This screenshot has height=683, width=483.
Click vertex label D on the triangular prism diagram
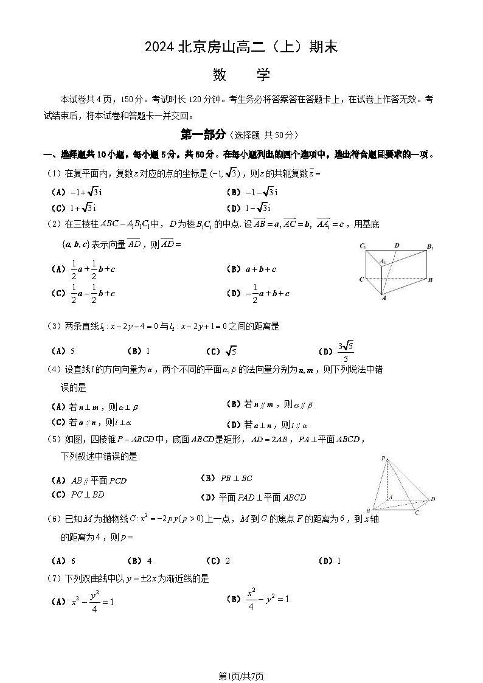(397, 246)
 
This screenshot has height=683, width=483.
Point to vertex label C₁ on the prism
(363, 246)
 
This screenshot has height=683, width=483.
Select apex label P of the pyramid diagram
(383, 458)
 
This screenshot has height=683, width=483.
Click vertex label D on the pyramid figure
(433, 499)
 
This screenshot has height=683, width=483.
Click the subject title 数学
(241, 75)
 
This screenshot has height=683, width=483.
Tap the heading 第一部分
(204, 134)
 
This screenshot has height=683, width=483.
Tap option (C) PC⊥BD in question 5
(79, 494)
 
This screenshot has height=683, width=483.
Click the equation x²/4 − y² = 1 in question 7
(267, 598)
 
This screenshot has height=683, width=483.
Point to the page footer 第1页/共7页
(241, 676)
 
